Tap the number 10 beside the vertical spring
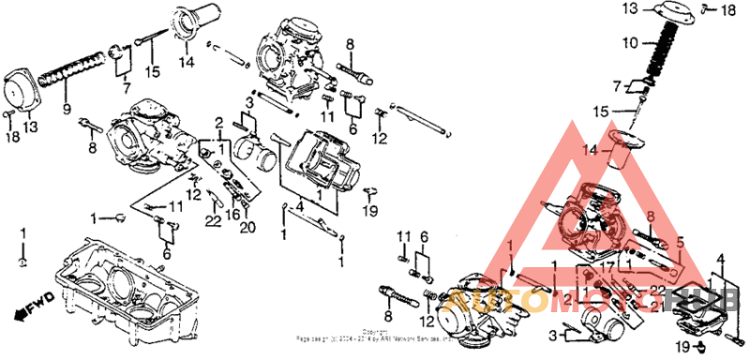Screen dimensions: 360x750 pos(630,43)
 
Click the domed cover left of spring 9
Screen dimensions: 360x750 pos(23,89)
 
